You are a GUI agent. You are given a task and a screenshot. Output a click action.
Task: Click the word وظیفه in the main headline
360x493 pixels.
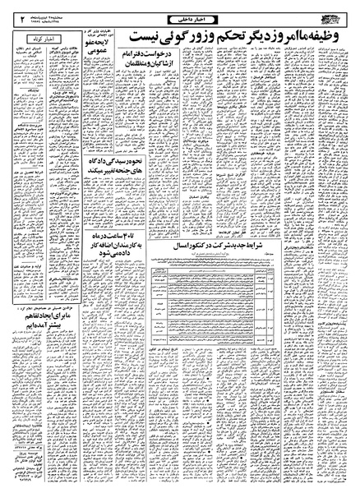coord(328,38)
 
